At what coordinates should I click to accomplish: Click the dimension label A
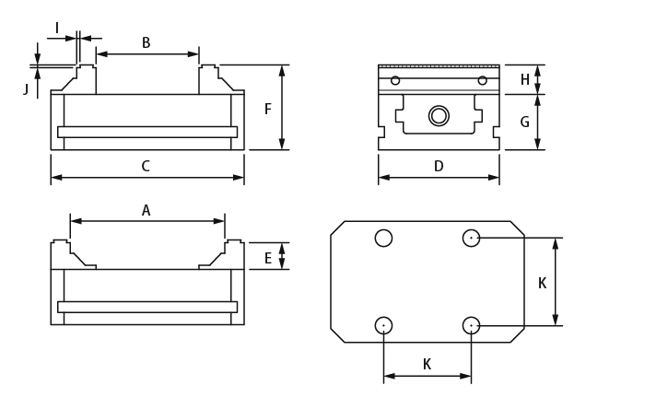[x=146, y=211]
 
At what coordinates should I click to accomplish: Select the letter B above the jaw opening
[x=146, y=43]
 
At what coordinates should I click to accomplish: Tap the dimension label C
[x=146, y=167]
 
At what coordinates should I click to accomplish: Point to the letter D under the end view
[x=439, y=167]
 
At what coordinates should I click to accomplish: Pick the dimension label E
[x=268, y=259]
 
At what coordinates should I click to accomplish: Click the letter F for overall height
[x=268, y=110]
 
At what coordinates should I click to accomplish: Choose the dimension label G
[x=524, y=123]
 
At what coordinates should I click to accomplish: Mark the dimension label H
[x=524, y=80]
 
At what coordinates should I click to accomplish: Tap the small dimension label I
[x=57, y=29]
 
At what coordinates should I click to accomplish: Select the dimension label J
[x=26, y=89]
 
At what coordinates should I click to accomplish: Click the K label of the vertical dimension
[x=542, y=284]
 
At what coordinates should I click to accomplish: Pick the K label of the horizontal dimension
[x=427, y=365]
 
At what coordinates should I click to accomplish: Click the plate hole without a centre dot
[x=383, y=238]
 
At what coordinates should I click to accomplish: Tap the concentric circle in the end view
[x=439, y=116]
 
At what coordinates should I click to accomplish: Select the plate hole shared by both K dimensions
[x=471, y=325]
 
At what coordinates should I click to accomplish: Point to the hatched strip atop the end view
[x=439, y=66]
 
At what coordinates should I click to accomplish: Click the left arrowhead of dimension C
[x=56, y=177]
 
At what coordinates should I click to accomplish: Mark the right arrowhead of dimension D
[x=494, y=177]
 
